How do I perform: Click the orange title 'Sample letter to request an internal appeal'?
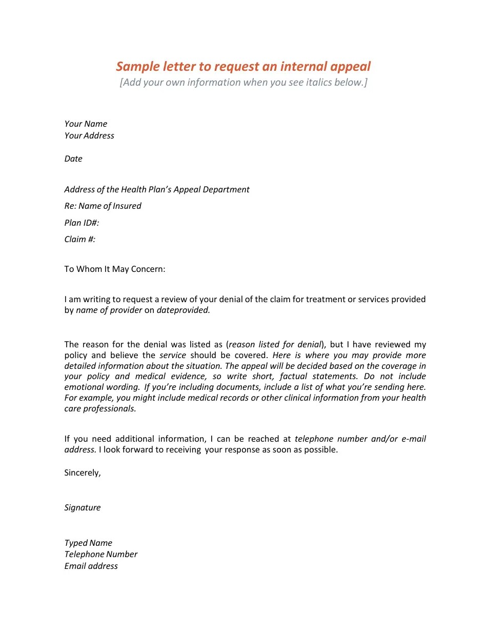pyautogui.click(x=243, y=67)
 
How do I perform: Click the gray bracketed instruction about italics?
pyautogui.click(x=243, y=83)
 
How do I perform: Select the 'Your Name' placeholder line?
pyautogui.click(x=86, y=124)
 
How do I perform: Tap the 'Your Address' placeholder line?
pyautogui.click(x=89, y=135)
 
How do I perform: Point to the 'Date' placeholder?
pyautogui.click(x=73, y=159)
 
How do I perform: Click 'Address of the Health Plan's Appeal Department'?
pyautogui.click(x=157, y=189)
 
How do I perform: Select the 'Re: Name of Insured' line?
pyautogui.click(x=103, y=206)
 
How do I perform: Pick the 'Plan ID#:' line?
pyautogui.click(x=82, y=223)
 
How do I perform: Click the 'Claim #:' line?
pyautogui.click(x=80, y=239)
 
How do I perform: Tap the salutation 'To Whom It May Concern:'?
pyautogui.click(x=115, y=269)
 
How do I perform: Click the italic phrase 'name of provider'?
pyautogui.click(x=109, y=310)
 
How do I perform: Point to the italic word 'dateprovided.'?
pyautogui.click(x=183, y=310)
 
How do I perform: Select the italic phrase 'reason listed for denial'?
pyautogui.click(x=275, y=344)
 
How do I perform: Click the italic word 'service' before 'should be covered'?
pyautogui.click(x=173, y=355)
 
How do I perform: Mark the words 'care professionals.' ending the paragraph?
pyautogui.click(x=100, y=408)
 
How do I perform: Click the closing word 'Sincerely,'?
pyautogui.click(x=83, y=472)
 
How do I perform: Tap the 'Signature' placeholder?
pyautogui.click(x=83, y=507)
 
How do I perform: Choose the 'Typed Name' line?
pyautogui.click(x=88, y=543)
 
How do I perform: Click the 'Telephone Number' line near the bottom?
pyautogui.click(x=101, y=554)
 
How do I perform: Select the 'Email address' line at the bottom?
pyautogui.click(x=91, y=566)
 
